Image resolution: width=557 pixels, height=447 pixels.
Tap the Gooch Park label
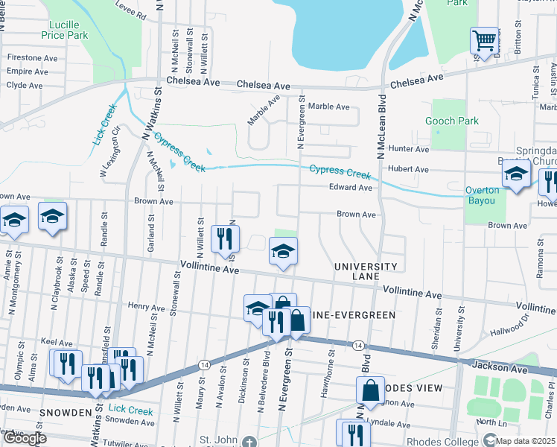point(451,121)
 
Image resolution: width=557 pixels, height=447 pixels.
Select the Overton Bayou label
point(483,195)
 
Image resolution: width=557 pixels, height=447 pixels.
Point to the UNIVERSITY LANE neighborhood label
point(365,271)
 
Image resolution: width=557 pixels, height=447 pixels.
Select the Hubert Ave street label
point(412,170)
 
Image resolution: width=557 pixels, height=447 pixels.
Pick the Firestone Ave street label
point(31,57)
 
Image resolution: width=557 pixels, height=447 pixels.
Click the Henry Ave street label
point(145,306)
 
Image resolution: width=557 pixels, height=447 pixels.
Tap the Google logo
point(25,439)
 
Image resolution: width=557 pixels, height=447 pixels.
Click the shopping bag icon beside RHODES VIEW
point(370,390)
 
